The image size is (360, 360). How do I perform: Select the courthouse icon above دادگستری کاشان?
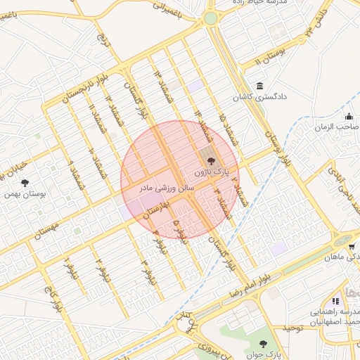point(260,86)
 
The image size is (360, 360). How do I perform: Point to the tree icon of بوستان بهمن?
point(25,184)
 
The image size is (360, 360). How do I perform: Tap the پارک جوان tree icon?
point(263,344)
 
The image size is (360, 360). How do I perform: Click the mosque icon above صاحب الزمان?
point(348,117)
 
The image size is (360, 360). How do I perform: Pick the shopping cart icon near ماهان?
point(351,247)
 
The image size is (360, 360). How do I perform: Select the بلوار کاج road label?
point(51,298)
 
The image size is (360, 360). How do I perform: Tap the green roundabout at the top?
point(210,18)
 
